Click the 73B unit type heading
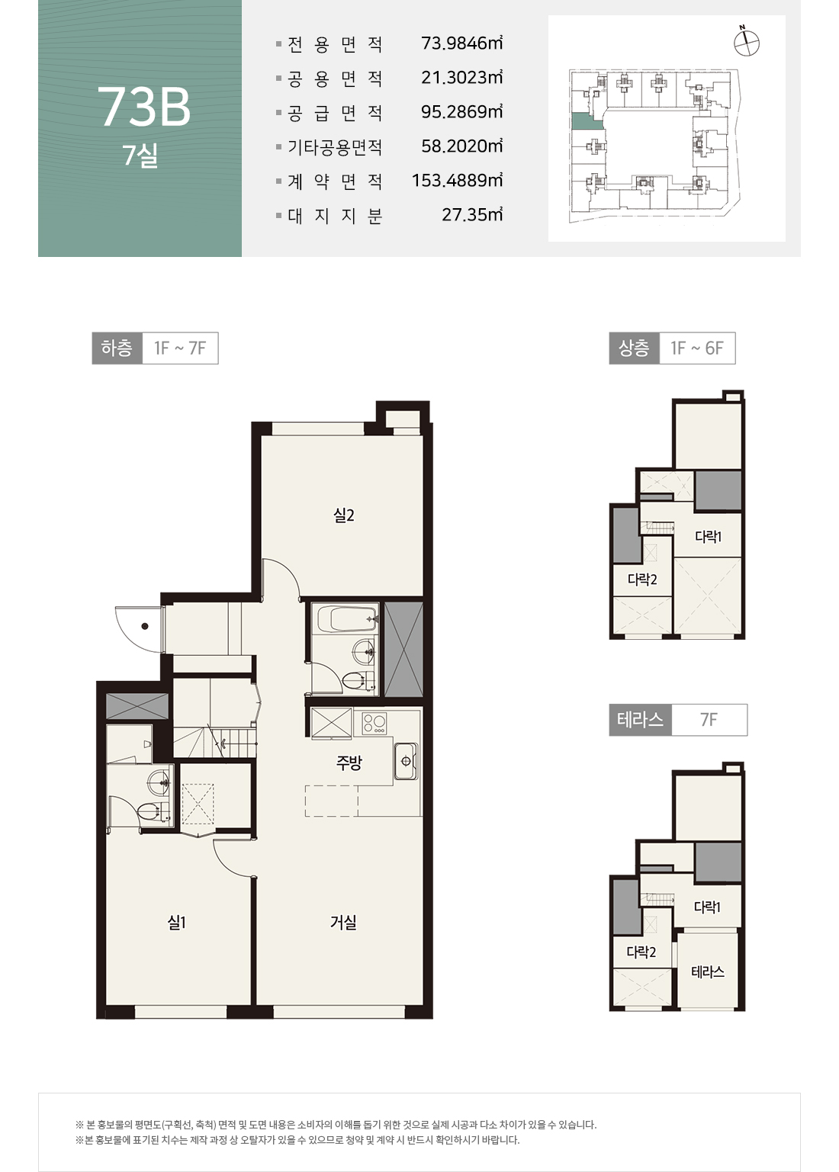coord(144,107)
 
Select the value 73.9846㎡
coord(461,43)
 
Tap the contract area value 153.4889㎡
coord(457,181)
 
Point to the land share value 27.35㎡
coord(472,214)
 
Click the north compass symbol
coord(747,43)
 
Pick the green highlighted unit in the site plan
coord(586,121)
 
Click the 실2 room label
coord(344,515)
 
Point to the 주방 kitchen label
coord(349,763)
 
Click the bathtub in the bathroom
coord(348,619)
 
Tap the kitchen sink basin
coord(407,761)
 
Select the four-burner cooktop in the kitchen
coord(374,724)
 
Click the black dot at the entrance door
coord(145,626)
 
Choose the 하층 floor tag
coord(117,348)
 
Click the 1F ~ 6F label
coord(697,348)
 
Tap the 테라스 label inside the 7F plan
coord(708,971)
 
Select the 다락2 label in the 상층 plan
coord(642,580)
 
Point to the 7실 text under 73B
coord(140,156)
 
